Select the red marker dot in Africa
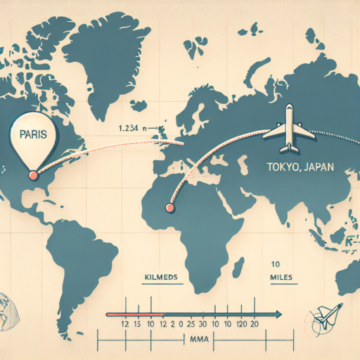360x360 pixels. coord(168,207)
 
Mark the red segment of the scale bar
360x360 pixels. coord(134,314)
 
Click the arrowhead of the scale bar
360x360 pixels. coord(278,314)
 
